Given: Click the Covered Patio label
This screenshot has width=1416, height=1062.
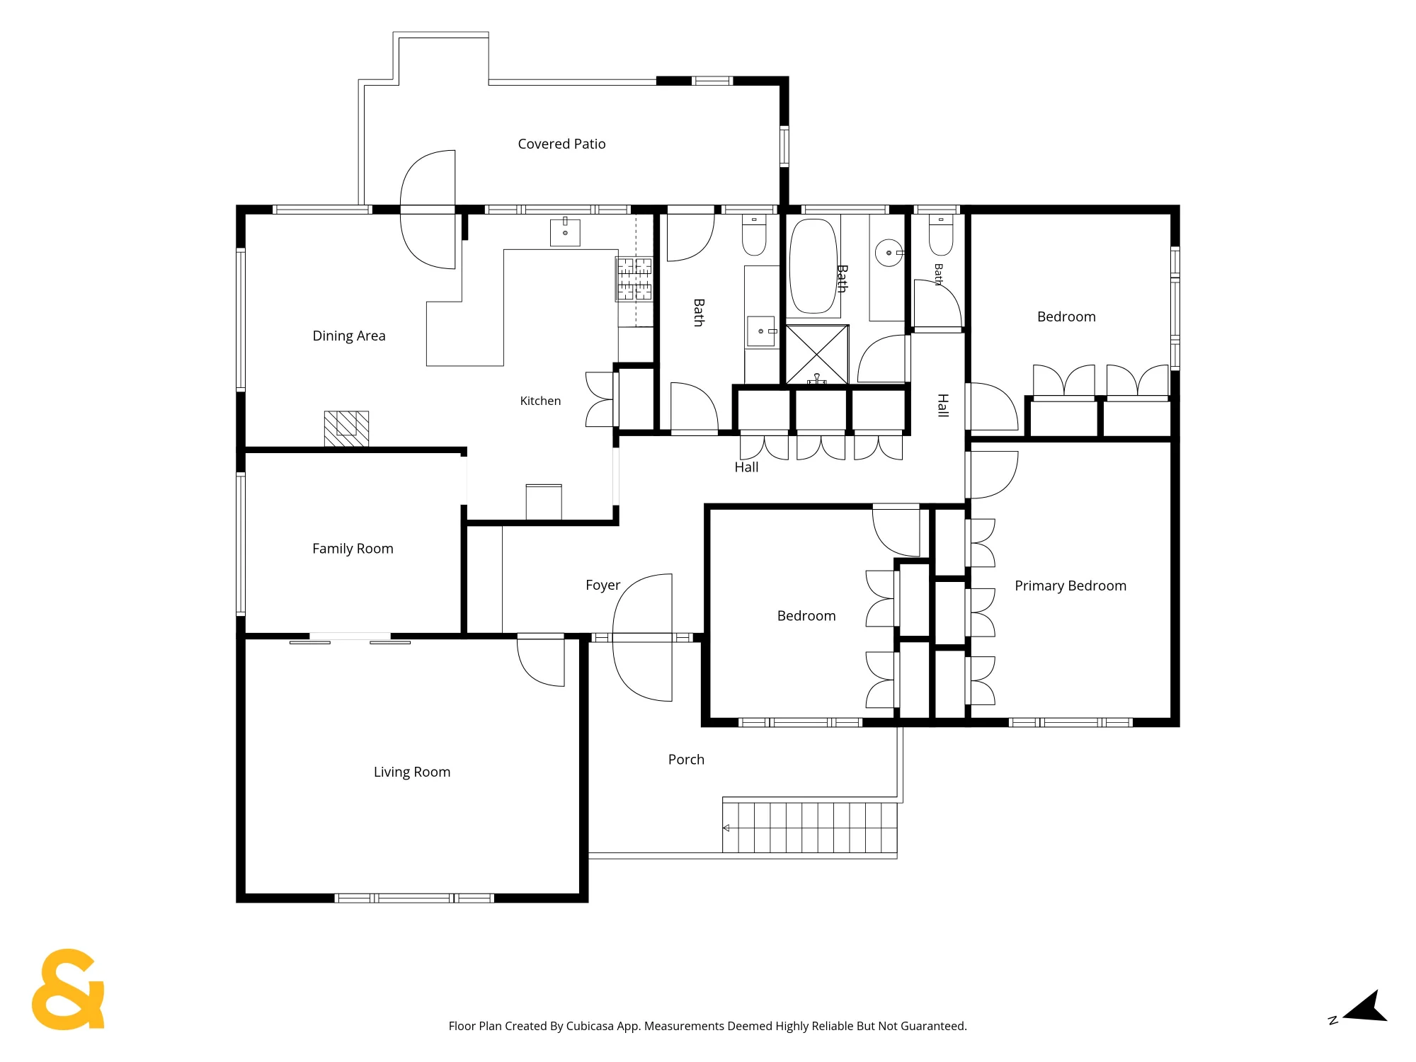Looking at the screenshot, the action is pos(561,144).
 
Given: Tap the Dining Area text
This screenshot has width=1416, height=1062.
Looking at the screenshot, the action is pos(349,336).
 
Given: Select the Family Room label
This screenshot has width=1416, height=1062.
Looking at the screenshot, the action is pos(353,549).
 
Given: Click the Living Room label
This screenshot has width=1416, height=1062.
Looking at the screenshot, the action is pos(412,772).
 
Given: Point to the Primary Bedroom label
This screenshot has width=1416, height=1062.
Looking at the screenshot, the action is pos(1070,586).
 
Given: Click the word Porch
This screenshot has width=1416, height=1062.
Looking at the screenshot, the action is pos(686,760).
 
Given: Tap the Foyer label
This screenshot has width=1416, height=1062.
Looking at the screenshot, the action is pos(603,586).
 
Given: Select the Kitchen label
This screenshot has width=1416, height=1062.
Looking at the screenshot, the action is pos(540,401).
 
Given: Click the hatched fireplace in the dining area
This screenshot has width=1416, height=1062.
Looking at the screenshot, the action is pos(346,428).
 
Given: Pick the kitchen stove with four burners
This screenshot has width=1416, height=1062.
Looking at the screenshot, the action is pos(634,279).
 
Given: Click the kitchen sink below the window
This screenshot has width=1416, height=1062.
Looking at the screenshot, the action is pos(565,232).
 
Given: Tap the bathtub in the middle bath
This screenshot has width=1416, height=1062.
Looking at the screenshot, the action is pos(813,266).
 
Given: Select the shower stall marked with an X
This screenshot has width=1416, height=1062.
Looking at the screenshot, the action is pos(816,355).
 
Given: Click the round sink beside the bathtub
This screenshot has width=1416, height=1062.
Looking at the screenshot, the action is pos(889,253).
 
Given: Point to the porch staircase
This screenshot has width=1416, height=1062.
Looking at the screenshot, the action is pos(810,828).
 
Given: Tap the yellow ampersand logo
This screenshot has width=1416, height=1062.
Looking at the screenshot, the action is pos(68,989).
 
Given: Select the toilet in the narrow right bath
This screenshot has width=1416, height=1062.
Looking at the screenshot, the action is pos(941,235).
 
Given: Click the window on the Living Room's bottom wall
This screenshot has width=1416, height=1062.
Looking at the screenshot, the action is pos(414,898).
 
